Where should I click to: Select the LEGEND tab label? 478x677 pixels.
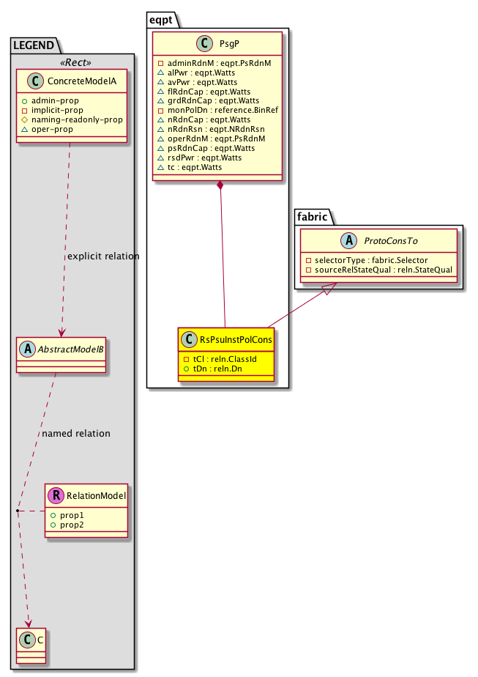click(33, 45)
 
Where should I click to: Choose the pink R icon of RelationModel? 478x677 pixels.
click(56, 496)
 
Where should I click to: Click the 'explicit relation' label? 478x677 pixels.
click(102, 256)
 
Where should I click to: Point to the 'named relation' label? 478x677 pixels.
click(76, 433)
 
